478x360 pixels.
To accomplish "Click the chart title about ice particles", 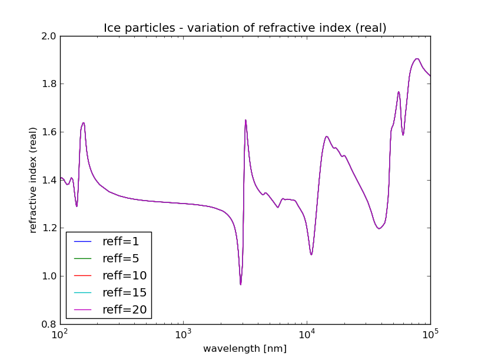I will (245, 28).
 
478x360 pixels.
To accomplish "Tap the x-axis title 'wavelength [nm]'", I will (245, 349).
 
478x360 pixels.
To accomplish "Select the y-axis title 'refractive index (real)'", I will (34, 180).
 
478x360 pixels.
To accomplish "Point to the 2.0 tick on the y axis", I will (49, 36).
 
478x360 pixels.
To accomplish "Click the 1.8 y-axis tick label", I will (49, 84).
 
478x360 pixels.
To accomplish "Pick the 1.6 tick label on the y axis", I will (49, 132).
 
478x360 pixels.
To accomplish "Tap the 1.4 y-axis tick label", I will (49, 181).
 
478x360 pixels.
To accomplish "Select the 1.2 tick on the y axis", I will (49, 228).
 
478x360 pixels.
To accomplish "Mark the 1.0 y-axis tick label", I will (49, 276).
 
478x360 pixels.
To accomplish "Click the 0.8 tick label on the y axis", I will (49, 325).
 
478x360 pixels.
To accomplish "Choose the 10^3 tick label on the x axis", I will (184, 335).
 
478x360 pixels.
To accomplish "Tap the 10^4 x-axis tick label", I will (307, 335).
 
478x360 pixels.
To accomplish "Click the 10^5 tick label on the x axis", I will (431, 335).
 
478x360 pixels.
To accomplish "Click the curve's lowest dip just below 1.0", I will (240, 284).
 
